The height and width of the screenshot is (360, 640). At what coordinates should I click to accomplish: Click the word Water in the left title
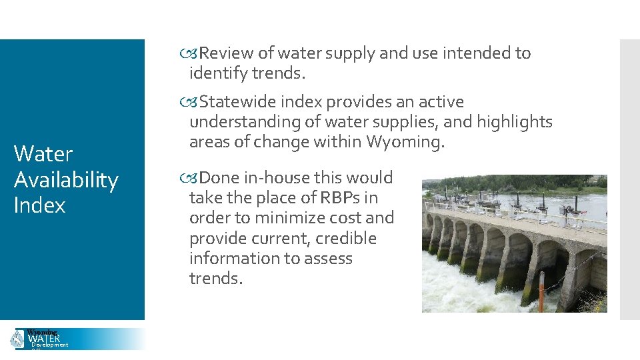43,154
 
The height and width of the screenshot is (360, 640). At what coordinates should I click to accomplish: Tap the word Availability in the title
65,180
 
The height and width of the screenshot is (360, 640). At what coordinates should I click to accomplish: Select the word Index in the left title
39,205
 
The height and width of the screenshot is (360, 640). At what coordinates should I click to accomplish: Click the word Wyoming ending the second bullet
407,142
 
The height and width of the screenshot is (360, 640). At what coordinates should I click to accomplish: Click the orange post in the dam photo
541,288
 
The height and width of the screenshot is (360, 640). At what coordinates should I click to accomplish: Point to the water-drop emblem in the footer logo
17,339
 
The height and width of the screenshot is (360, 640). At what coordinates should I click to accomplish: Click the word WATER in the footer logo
43,339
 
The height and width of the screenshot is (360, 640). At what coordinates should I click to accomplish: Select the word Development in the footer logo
50,345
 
